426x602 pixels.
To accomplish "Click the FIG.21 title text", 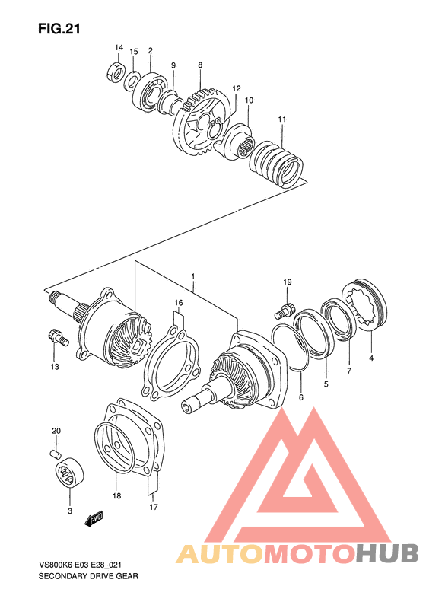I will (59, 29).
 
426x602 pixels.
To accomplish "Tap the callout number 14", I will (119, 48).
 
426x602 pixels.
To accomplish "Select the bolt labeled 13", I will (55, 336).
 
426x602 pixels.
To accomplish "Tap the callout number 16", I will (178, 302).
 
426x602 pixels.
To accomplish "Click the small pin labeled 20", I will (55, 454).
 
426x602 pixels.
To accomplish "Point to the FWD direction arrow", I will (94, 520).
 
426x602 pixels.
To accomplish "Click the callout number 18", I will (116, 495).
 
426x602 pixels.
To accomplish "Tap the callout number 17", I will (153, 507).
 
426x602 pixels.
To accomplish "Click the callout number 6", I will (300, 397).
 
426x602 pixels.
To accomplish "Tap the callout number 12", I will (237, 88).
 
